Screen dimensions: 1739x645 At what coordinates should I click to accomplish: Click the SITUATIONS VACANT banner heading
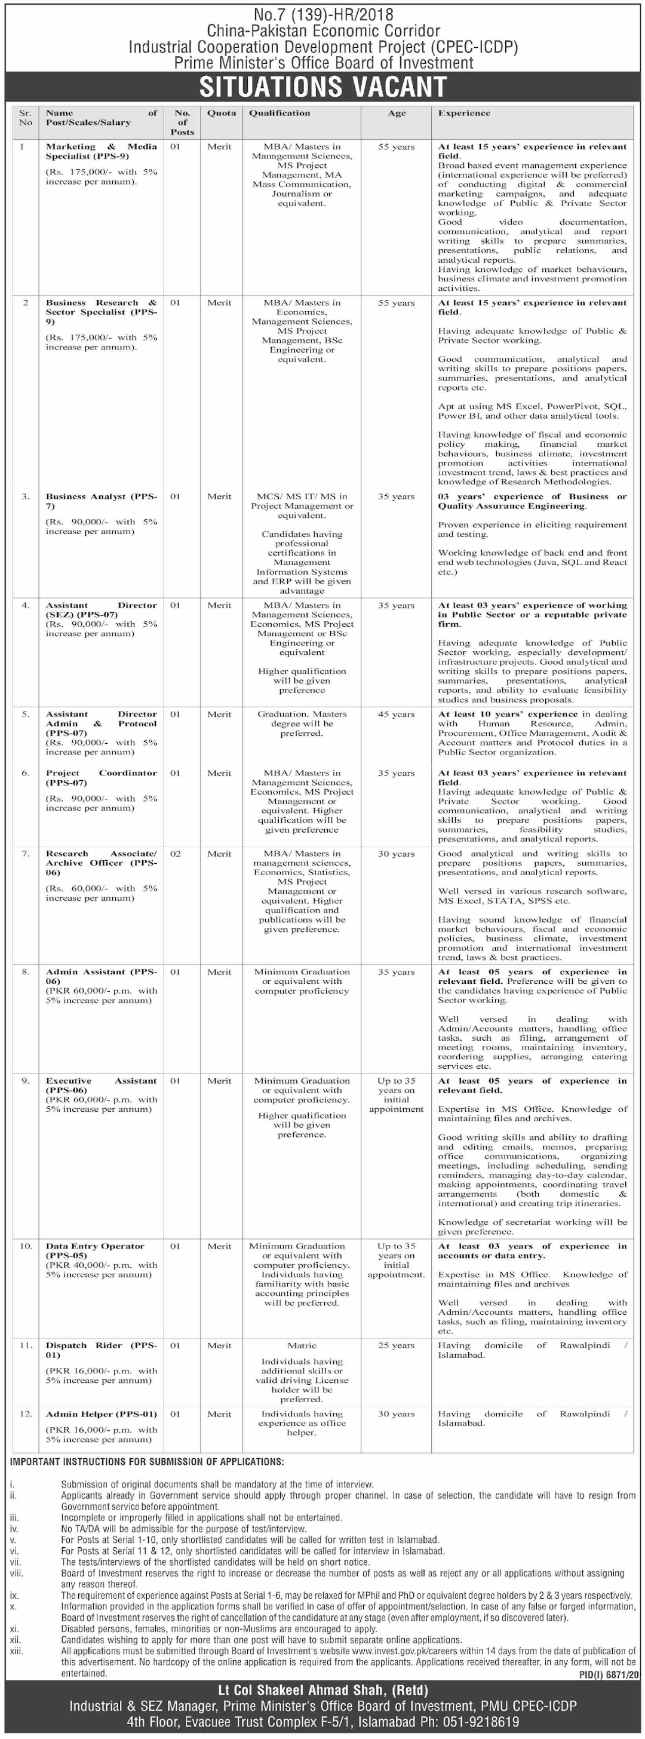click(322, 87)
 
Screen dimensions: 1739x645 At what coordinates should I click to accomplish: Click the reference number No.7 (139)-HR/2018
click(322, 14)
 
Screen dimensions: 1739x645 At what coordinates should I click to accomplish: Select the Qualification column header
click(279, 114)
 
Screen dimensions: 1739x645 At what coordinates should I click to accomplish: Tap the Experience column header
click(463, 114)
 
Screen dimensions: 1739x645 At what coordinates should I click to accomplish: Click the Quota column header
click(222, 114)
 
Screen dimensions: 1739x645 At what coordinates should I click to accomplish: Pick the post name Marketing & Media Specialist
click(101, 151)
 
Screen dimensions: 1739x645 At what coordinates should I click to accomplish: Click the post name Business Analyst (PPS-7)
click(101, 501)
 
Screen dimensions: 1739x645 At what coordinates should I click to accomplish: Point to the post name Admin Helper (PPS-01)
click(101, 1413)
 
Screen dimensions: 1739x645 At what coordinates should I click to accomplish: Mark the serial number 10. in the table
click(26, 1246)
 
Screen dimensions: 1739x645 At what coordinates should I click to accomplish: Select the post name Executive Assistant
click(101, 1085)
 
